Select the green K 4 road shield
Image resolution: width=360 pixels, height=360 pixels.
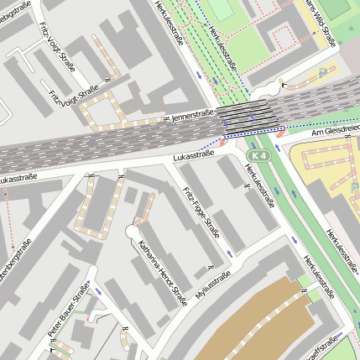click(x=260, y=157)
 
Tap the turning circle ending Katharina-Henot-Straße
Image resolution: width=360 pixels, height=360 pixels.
click(x=132, y=230)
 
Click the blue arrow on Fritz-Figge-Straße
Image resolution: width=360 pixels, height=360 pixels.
click(x=231, y=253)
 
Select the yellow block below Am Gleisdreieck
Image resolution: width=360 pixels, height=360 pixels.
click(x=331, y=172)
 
